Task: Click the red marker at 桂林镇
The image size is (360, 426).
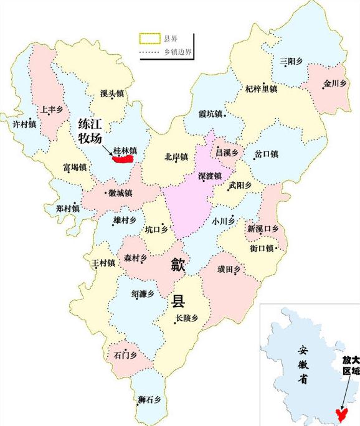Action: [123, 159]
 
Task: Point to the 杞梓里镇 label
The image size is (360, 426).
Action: [261, 90]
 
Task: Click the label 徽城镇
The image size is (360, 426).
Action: [120, 194]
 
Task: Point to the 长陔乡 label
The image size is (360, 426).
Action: [186, 318]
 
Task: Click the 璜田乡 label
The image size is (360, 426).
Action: [229, 268]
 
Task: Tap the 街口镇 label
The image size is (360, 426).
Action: [262, 249]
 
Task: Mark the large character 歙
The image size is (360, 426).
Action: [179, 267]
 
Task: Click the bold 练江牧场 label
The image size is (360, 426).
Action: [90, 131]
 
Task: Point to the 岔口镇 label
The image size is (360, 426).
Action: [266, 154]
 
